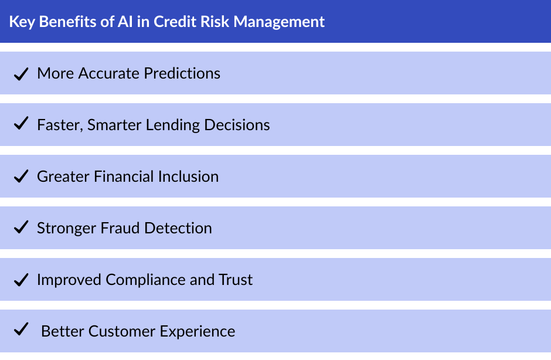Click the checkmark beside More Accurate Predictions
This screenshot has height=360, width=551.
coord(21,73)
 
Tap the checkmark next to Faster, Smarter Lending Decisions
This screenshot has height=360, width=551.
coord(21,124)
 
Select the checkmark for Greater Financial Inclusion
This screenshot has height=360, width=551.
coord(21,176)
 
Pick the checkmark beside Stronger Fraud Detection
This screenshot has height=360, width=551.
coord(21,227)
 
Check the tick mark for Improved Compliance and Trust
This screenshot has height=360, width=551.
coord(21,279)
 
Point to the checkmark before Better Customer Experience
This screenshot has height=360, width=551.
coord(21,330)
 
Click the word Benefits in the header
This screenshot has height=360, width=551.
coord(63,22)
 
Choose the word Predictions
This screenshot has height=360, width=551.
coord(182,73)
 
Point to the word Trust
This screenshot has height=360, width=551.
coord(236,280)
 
